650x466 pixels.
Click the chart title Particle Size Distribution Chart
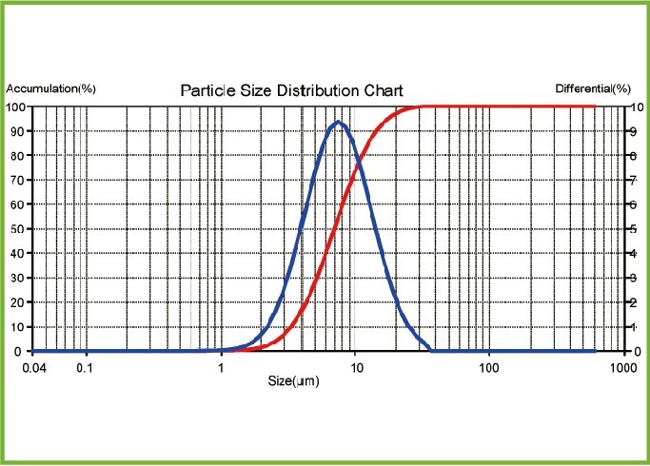pos(292,91)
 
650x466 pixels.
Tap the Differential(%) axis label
pos(593,88)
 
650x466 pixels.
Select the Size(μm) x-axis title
pos(292,380)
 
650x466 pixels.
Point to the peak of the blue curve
pos(337,122)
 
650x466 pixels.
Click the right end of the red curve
pos(596,107)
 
